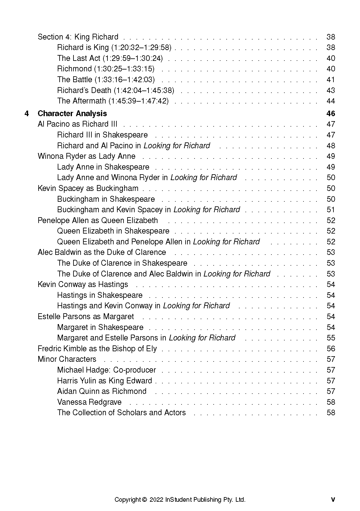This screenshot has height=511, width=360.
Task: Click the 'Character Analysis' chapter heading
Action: (x=72, y=114)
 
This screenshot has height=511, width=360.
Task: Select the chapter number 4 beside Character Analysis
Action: (x=27, y=114)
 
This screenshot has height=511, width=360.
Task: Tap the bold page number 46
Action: (x=331, y=114)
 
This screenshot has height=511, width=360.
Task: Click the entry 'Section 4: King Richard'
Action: (x=78, y=37)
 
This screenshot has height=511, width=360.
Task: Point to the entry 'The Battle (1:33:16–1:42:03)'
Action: (x=106, y=80)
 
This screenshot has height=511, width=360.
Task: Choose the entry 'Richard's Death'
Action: (x=115, y=91)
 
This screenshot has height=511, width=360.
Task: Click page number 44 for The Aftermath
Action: (x=331, y=101)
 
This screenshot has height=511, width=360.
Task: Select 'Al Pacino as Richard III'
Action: (x=77, y=124)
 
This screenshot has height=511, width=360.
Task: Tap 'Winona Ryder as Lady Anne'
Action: (x=86, y=156)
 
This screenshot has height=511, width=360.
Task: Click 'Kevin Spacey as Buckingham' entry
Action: (x=88, y=188)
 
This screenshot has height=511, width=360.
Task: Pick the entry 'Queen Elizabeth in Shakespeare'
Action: (x=113, y=231)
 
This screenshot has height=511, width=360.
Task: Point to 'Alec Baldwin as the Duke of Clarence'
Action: (x=102, y=252)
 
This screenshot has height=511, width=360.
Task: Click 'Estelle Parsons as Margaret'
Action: (x=86, y=317)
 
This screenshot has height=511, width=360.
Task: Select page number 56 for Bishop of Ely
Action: (x=331, y=349)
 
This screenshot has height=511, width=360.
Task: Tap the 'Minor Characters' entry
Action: (x=67, y=359)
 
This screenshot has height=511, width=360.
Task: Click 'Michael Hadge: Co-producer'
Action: (x=107, y=370)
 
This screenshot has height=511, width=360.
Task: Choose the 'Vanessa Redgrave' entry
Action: (x=89, y=402)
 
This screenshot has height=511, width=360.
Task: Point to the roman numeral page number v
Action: (x=333, y=500)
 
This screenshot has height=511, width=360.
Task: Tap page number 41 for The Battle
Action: (x=331, y=80)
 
